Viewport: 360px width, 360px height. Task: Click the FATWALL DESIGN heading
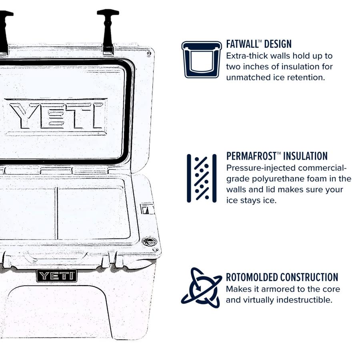259,44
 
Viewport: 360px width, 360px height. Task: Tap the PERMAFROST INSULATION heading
277,156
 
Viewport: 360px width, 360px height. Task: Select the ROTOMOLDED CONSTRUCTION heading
282,277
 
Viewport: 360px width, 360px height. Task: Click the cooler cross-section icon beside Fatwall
202,59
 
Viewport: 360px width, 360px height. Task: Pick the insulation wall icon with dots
202,178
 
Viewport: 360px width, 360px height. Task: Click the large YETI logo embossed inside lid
56,116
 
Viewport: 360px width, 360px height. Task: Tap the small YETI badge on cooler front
57,276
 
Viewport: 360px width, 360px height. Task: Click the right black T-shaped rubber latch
108,30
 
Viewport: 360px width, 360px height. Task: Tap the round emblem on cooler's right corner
150,241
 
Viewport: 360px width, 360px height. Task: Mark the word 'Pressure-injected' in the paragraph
260,168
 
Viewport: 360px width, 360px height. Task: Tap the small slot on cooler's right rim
148,209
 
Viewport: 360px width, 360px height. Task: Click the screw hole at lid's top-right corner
149,53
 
